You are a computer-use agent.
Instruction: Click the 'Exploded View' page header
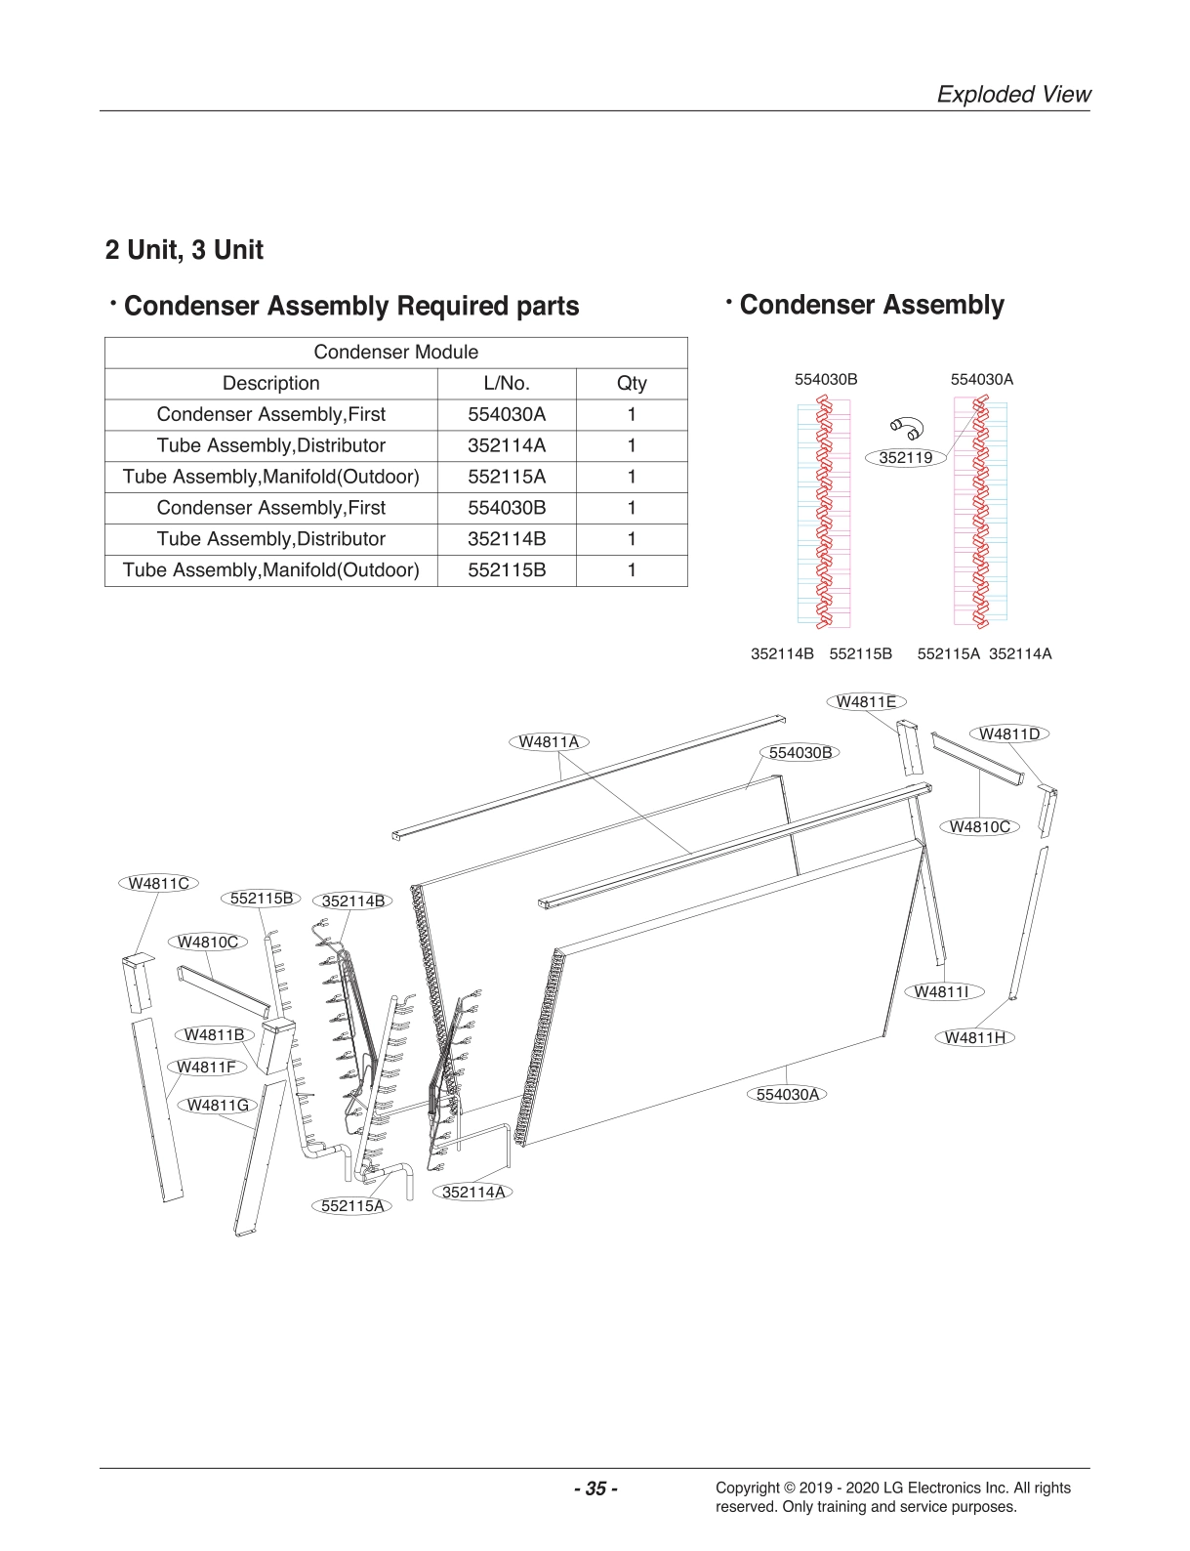point(1013,95)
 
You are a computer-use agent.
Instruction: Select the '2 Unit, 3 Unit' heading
point(185,250)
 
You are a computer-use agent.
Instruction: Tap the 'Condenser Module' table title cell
point(395,353)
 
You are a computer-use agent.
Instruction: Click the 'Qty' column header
point(632,384)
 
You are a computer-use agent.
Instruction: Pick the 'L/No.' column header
point(507,384)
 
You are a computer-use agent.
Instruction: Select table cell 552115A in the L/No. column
point(507,477)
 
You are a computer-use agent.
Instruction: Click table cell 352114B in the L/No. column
point(507,539)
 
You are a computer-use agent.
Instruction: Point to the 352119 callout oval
point(906,457)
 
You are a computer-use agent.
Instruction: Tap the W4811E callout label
point(866,701)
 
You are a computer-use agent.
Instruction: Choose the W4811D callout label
point(1009,734)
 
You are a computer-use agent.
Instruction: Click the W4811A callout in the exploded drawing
point(549,741)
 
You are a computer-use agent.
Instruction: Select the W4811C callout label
point(159,883)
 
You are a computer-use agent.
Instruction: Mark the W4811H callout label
point(974,1037)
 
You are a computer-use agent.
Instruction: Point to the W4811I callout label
point(942,991)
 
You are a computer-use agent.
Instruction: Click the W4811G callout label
point(217,1105)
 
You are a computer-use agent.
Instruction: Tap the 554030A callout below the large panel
point(788,1094)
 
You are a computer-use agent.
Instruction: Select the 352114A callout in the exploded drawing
point(473,1192)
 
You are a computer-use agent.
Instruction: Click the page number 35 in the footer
point(595,1488)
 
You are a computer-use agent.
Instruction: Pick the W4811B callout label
point(214,1034)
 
